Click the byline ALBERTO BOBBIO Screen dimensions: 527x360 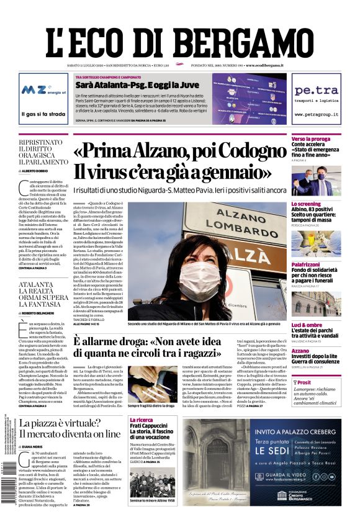pyautogui.click(x=36, y=170)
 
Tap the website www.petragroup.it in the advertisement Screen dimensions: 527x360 pyautogui.click(x=316, y=115)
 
